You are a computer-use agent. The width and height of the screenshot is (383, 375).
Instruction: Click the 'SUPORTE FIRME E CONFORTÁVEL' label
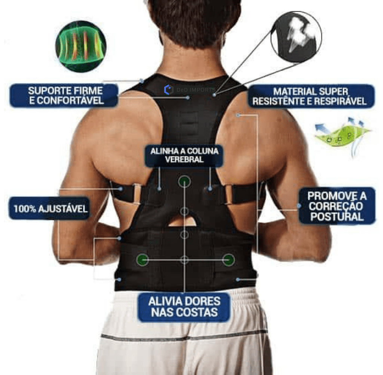tap(64, 95)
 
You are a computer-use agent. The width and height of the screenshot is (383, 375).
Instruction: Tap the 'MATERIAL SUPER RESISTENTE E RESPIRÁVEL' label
tap(311, 96)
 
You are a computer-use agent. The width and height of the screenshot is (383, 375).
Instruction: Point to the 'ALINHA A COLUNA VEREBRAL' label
tap(184, 155)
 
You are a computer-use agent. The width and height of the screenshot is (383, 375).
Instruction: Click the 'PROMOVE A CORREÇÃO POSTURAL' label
tap(337, 206)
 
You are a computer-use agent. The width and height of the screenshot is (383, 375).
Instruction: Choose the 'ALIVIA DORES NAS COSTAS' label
tap(184, 307)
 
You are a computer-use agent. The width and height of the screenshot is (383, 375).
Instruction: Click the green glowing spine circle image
tap(81, 46)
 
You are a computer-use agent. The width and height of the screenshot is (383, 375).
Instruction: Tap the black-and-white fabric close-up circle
tap(296, 36)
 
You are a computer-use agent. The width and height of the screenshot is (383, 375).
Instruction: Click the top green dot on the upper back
tap(184, 182)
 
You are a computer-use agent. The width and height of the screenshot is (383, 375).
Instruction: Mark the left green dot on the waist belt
tap(143, 259)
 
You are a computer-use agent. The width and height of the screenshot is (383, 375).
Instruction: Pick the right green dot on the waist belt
tap(229, 260)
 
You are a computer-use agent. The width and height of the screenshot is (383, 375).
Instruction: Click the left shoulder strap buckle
tap(136, 193)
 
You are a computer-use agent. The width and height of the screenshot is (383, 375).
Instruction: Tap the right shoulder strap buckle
tap(228, 195)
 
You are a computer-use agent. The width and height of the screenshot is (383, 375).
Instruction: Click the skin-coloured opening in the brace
tap(184, 220)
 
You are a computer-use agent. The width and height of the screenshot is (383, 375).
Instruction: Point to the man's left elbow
tap(71, 254)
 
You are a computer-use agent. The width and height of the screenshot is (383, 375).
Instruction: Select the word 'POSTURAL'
tap(337, 217)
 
